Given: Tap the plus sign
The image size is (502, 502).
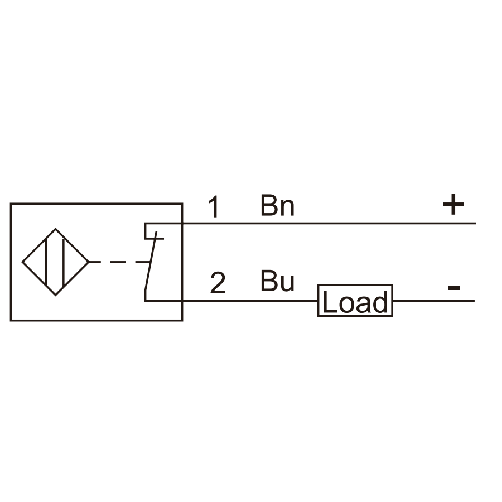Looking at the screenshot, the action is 453,204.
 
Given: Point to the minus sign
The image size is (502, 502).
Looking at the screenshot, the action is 453,288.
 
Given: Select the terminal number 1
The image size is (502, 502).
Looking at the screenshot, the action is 214,206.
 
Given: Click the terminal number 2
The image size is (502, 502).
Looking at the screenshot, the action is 218,283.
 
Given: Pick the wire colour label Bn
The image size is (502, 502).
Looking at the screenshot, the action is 277,205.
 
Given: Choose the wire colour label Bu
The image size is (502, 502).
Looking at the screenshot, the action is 277,281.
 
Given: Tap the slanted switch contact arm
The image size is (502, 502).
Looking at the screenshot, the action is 151,261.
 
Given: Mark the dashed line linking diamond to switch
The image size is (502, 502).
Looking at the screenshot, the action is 119,262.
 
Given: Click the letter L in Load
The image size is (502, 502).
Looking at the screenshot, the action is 330,301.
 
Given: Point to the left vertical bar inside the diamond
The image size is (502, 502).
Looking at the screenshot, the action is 47,262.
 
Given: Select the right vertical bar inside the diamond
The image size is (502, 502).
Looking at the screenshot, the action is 64,262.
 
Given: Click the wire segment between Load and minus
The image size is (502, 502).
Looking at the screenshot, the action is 434,301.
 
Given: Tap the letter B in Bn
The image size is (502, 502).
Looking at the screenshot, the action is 268,205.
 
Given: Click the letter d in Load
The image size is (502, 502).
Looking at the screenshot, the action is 380,301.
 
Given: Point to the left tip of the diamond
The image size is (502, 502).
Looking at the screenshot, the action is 22,262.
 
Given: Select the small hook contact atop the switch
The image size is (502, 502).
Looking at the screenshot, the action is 154,231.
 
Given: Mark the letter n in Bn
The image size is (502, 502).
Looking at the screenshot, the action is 287,208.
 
